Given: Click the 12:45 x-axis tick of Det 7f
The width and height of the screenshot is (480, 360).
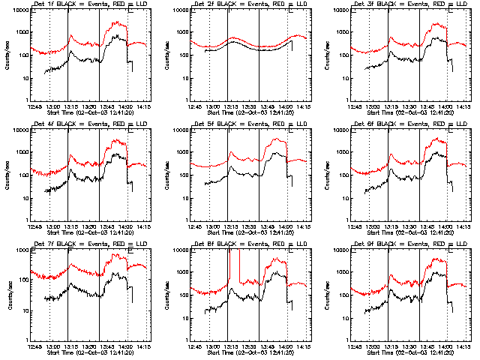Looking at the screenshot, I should (x=34, y=346).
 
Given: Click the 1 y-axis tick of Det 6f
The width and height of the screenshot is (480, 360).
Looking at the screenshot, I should (x=347, y=219).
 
